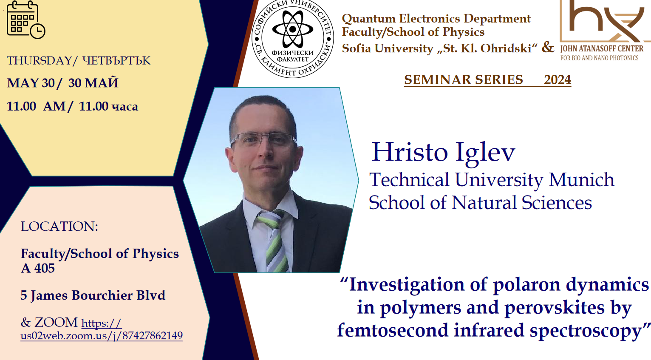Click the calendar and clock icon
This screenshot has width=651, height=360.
pyautogui.click(x=25, y=20)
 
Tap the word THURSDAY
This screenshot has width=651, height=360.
pyautogui.click(x=39, y=61)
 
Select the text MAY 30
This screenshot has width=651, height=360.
pyautogui.click(x=31, y=83)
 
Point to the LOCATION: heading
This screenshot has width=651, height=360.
pyautogui.click(x=59, y=226)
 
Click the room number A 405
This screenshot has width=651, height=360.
pyautogui.click(x=38, y=268)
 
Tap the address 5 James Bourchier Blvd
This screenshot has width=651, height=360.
pyautogui.click(x=93, y=295)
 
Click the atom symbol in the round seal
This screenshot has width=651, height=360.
pyautogui.click(x=293, y=29)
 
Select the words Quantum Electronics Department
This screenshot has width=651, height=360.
pyautogui.click(x=436, y=19)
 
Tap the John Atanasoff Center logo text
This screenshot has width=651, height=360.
pyautogui.click(x=602, y=52)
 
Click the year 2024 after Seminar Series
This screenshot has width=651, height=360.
pyautogui.click(x=558, y=79)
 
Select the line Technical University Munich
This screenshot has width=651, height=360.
pyautogui.click(x=492, y=179)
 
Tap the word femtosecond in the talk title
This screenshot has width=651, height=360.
pyautogui.click(x=393, y=330)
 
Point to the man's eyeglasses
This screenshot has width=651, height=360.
pyautogui.click(x=263, y=140)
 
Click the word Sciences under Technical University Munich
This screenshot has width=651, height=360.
pyautogui.click(x=557, y=202)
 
